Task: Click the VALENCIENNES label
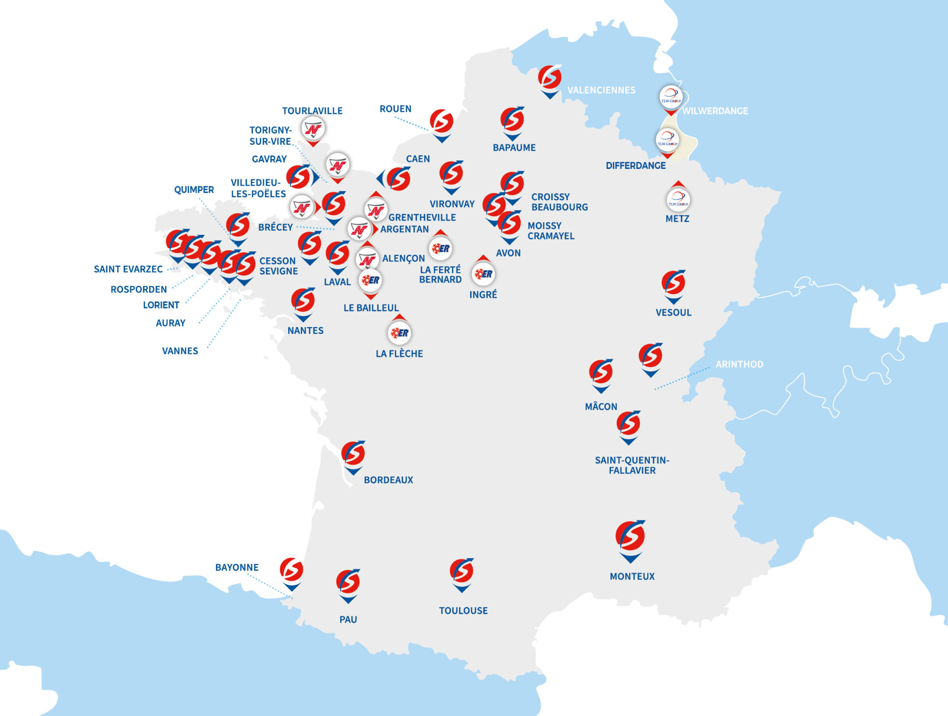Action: [601, 90]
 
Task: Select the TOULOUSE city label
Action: [463, 611]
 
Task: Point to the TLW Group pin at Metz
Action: [678, 199]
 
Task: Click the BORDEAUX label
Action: [388, 480]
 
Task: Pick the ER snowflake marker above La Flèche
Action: [399, 333]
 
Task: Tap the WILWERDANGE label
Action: [715, 111]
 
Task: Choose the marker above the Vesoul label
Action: [674, 284]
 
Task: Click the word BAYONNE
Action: [237, 568]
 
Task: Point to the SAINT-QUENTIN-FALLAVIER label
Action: [632, 465]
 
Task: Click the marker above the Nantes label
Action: [303, 301]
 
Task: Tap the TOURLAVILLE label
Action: [312, 111]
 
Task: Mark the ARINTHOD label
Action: [739, 364]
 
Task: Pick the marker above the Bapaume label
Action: [512, 120]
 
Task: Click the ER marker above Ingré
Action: [483, 274]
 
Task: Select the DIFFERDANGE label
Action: [636, 166]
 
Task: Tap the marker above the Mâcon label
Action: [601, 373]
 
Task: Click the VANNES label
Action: [180, 351]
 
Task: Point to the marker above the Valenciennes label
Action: [550, 78]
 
